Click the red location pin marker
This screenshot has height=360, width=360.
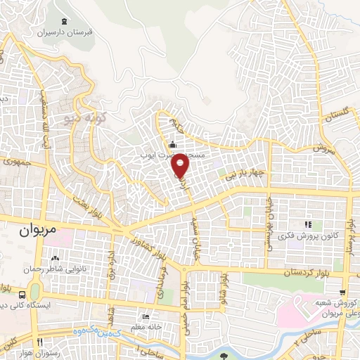click(x=181, y=165)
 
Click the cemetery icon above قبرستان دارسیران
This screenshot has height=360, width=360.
click(x=65, y=21)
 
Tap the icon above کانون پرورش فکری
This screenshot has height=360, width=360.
click(x=307, y=224)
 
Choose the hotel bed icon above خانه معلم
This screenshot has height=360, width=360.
click(x=146, y=316)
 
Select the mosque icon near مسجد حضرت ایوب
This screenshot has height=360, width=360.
click(x=172, y=145)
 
